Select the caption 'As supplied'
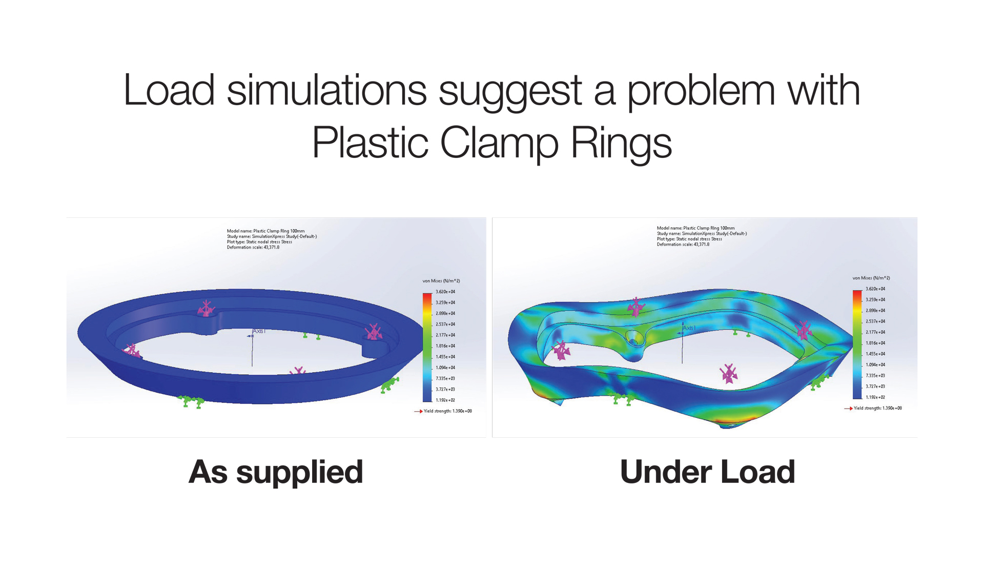pos(276,472)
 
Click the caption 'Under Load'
pos(707,472)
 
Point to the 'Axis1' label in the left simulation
pos(259,331)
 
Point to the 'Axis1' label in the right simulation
pos(689,328)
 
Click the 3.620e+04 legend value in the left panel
pos(445,292)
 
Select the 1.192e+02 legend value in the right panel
pos(875,397)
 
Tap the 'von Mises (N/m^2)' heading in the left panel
pos(441,281)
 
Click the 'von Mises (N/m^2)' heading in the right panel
pos(871,278)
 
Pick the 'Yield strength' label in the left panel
pos(448,411)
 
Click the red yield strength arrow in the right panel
pos(848,409)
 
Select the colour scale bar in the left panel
pos(427,347)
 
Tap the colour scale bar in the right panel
pos(857,345)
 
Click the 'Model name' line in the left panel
pos(266,231)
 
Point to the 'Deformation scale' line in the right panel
pos(683,245)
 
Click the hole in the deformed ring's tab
pos(634,339)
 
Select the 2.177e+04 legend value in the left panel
pos(445,335)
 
